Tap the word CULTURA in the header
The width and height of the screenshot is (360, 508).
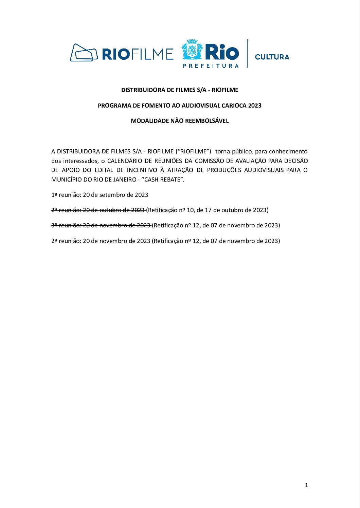pyautogui.click(x=272, y=57)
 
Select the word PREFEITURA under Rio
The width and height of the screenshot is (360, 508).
pyautogui.click(x=211, y=65)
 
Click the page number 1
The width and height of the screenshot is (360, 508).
pyautogui.click(x=306, y=485)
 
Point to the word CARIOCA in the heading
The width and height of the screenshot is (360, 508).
pyautogui.click(x=234, y=106)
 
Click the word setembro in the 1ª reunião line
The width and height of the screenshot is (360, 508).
pyautogui.click(x=112, y=195)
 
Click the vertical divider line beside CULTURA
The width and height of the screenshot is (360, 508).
pyautogui.click(x=247, y=53)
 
